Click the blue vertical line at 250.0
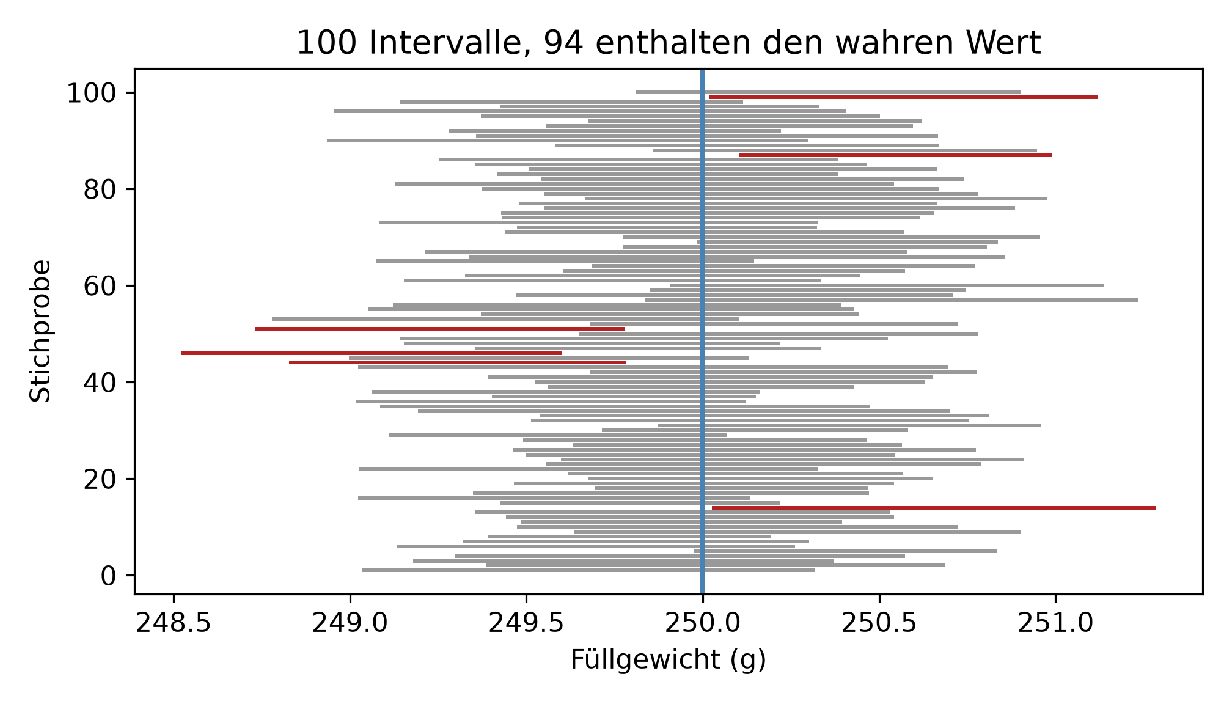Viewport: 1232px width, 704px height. point(703,331)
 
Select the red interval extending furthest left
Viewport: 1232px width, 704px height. point(371,353)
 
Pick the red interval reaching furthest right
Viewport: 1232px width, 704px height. point(934,508)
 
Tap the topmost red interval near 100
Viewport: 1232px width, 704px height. point(904,97)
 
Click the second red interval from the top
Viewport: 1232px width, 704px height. point(895,155)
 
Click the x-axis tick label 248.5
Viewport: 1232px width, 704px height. point(174,623)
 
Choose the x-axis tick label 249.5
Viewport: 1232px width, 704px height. point(526,623)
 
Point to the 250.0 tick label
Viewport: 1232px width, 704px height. point(703,623)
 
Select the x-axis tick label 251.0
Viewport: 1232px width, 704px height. point(1055,623)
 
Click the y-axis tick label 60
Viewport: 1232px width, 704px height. point(100,286)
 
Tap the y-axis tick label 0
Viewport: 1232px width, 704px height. point(108,576)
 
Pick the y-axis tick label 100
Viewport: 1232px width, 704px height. point(92,94)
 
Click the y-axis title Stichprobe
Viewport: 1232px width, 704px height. point(40,331)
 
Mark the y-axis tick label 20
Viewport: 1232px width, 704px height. point(100,479)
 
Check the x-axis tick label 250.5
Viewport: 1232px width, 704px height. point(879,623)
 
